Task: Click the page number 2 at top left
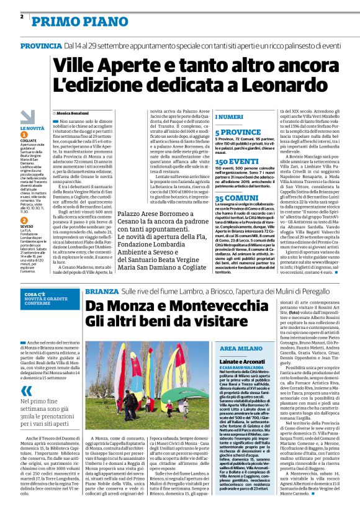pos(22,16)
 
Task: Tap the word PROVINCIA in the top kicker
pos(40,46)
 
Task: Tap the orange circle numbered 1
pos(24,133)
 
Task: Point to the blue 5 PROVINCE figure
pos(238,132)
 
